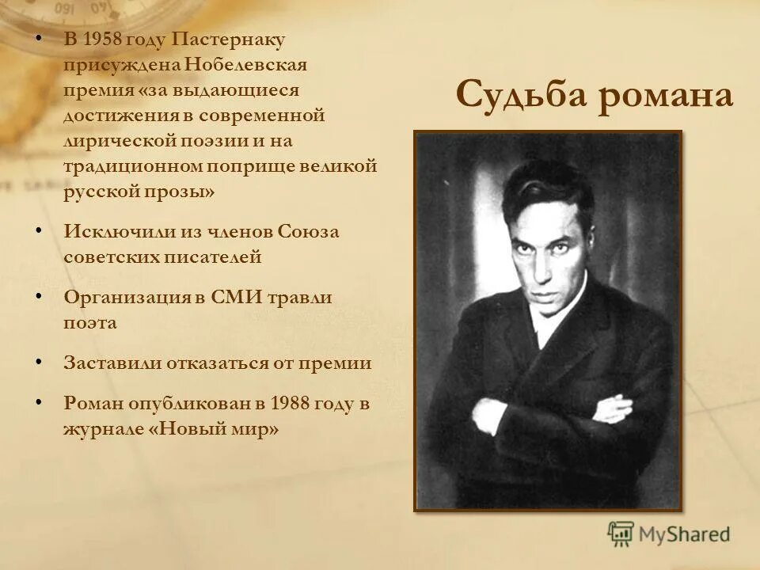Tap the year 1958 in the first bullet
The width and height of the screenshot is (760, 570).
coord(105,39)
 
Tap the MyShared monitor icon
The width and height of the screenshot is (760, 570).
coord(621,534)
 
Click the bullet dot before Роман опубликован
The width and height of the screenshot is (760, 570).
coord(39,402)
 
